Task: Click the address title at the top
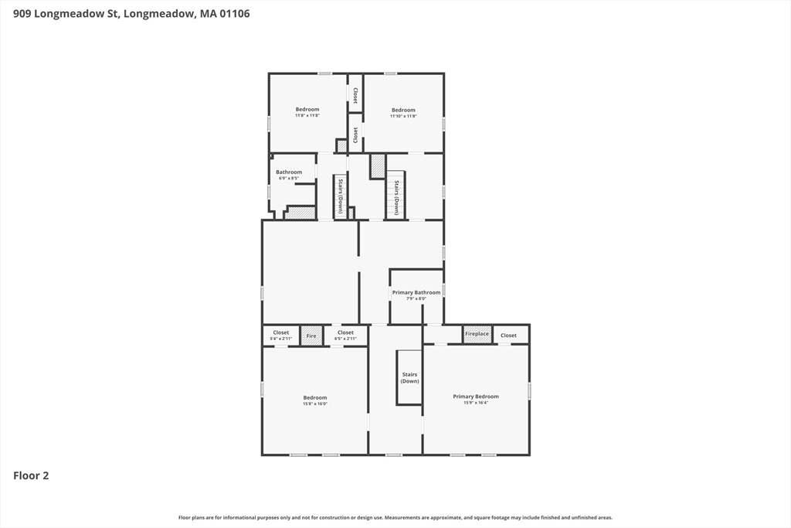click(131, 14)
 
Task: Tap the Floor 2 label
click(31, 475)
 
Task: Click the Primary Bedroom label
click(476, 397)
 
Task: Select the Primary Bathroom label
click(416, 292)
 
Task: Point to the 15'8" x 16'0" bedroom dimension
click(315, 404)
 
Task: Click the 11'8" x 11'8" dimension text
click(307, 116)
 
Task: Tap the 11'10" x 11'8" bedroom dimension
click(403, 116)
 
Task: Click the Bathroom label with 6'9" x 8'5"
click(289, 172)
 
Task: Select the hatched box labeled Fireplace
click(477, 334)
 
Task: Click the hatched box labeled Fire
click(311, 336)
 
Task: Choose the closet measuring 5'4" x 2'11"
click(281, 336)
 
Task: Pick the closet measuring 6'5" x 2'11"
click(345, 336)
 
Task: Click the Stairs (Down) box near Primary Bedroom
click(409, 377)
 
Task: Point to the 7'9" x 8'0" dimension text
click(416, 298)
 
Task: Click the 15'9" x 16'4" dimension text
click(476, 403)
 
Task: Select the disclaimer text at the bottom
click(395, 517)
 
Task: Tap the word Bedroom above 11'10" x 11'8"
click(403, 110)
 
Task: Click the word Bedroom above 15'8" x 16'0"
click(315, 397)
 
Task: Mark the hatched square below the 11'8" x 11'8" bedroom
click(341, 146)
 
